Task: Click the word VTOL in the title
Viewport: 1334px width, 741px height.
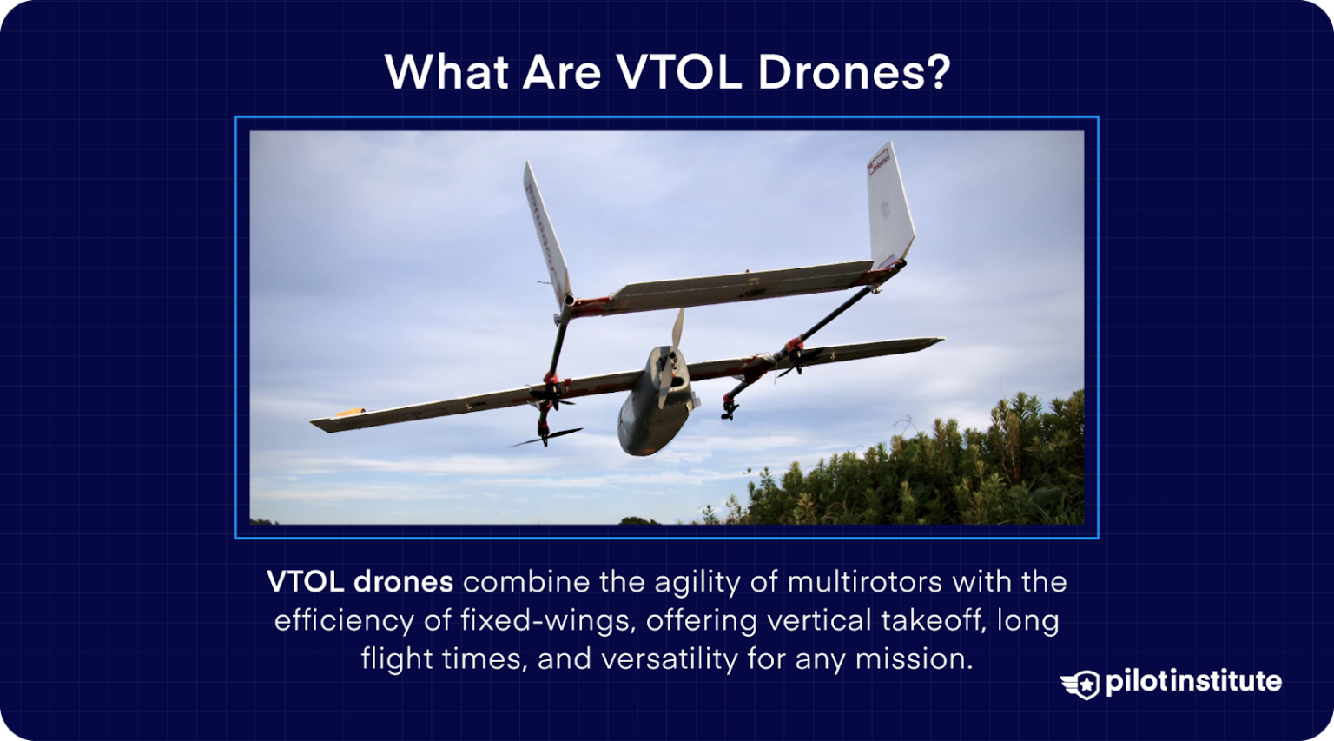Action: click(x=679, y=72)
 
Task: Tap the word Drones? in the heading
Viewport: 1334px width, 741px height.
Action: click(x=854, y=72)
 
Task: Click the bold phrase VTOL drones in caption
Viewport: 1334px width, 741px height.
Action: click(x=360, y=581)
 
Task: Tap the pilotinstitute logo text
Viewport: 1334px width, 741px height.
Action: click(x=1193, y=682)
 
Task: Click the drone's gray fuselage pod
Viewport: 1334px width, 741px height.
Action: click(x=650, y=417)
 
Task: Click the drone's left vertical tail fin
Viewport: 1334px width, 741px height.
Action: click(x=545, y=233)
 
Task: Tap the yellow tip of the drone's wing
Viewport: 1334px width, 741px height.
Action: click(x=348, y=413)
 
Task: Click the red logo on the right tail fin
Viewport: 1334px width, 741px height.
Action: click(x=879, y=160)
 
